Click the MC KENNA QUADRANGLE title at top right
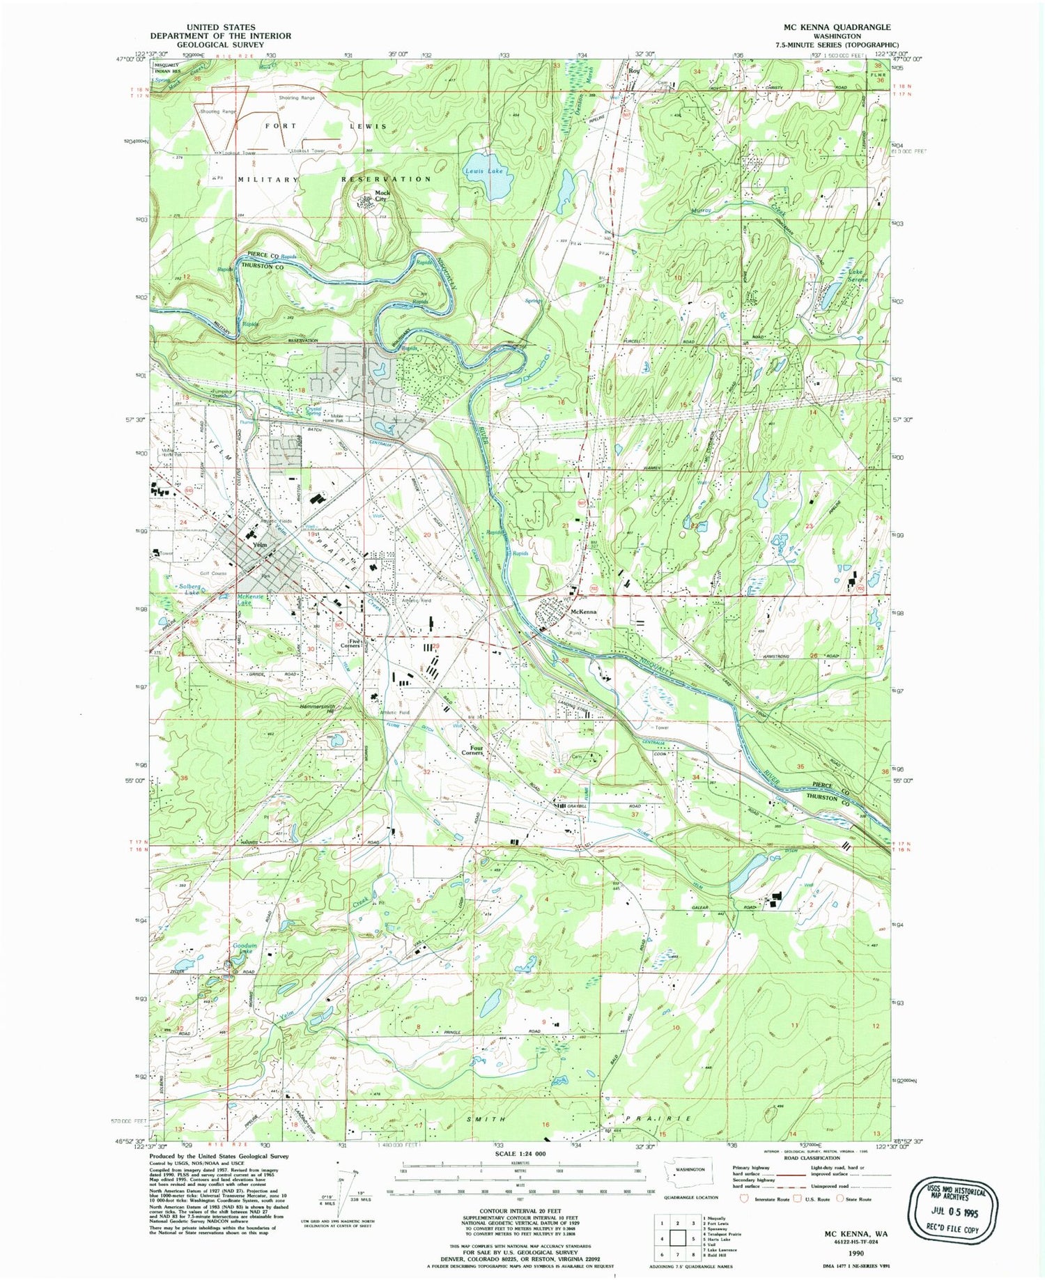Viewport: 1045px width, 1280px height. click(x=836, y=27)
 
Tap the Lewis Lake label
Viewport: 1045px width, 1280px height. click(x=484, y=171)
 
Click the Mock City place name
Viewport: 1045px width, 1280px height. click(x=382, y=196)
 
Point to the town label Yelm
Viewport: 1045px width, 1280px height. click(x=261, y=544)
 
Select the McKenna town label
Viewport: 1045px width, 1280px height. click(x=584, y=612)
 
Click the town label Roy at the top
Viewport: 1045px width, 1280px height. click(x=633, y=71)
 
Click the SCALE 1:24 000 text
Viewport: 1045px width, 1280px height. click(x=521, y=1154)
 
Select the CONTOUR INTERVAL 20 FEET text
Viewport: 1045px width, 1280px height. click(x=520, y=1211)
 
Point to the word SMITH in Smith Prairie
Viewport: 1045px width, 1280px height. click(x=486, y=1119)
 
